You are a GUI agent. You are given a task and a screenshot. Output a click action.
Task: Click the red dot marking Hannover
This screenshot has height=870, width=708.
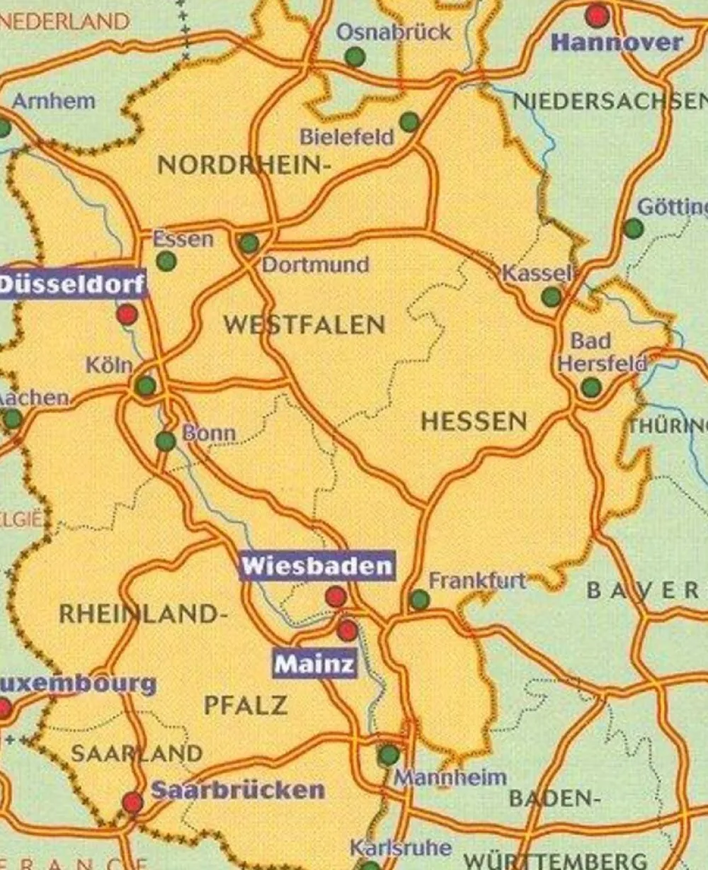tap(598, 15)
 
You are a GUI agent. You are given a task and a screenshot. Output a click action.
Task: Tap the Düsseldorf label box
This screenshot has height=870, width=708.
tap(72, 285)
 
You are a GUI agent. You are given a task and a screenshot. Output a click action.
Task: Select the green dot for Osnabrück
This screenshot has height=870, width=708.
tap(355, 57)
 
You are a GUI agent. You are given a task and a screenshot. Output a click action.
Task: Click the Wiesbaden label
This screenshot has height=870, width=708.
tap(316, 566)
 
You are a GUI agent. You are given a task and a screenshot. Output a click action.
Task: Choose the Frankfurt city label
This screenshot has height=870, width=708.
tap(478, 581)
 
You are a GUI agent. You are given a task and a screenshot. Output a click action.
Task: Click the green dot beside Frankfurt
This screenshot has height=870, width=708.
tap(419, 600)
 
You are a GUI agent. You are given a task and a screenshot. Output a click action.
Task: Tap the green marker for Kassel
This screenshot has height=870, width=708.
tap(552, 297)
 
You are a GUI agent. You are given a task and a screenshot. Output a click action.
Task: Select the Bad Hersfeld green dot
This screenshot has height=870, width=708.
tap(591, 388)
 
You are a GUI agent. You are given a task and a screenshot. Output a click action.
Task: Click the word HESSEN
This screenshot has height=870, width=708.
tap(474, 422)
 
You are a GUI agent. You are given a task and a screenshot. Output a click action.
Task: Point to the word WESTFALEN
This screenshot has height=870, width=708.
tap(304, 325)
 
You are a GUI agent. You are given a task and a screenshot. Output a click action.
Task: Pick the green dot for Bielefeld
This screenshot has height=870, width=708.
tap(409, 122)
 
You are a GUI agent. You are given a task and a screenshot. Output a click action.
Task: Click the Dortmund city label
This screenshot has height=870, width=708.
tap(316, 265)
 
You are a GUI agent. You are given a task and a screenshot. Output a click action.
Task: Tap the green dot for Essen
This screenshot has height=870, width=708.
tap(166, 261)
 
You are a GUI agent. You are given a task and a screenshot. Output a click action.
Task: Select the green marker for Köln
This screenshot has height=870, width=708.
tap(146, 386)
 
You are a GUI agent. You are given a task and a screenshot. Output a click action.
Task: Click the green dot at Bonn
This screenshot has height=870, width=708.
tap(166, 441)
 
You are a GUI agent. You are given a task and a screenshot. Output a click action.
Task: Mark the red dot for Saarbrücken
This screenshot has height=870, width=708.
tap(132, 802)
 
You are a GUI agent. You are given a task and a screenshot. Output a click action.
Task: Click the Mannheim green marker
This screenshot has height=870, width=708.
tap(388, 755)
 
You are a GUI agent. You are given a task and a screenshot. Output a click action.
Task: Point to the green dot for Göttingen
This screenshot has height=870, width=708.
tap(634, 228)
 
